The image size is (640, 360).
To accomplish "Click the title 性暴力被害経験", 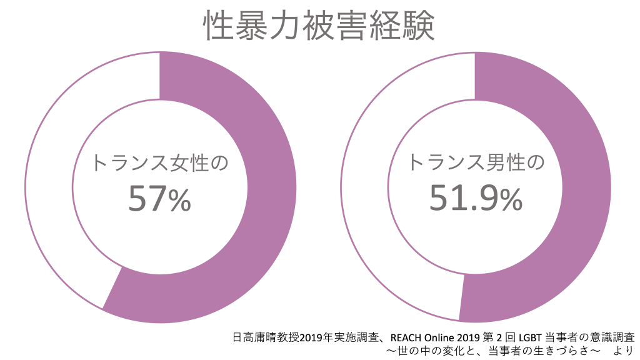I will point(319,25).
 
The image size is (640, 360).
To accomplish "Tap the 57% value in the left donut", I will point(159,199).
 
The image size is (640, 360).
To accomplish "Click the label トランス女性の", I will point(159,163).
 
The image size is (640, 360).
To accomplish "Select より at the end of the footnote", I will point(622,350).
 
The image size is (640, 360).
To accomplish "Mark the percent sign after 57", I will point(179,200).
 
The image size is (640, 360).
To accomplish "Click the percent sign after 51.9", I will point(510,199).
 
